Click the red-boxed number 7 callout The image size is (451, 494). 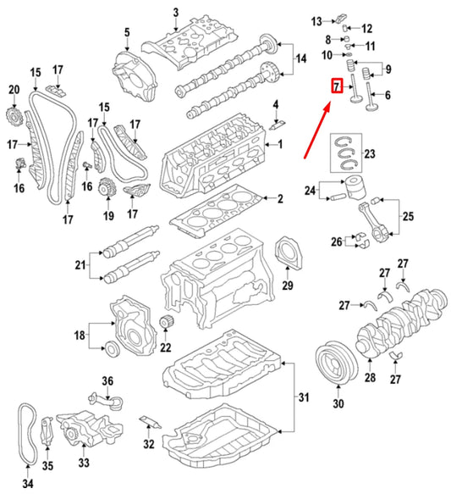pyautogui.click(x=337, y=86)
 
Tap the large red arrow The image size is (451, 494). pyautogui.click(x=317, y=130)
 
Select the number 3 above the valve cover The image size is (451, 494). pyautogui.click(x=176, y=13)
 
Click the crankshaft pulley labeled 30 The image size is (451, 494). pyautogui.click(x=337, y=363)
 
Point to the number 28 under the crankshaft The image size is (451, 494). pyautogui.click(x=370, y=377)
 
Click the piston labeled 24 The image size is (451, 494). pyautogui.click(x=356, y=187)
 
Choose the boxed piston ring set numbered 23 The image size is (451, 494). pyautogui.click(x=346, y=153)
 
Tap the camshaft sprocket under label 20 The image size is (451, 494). pyautogui.click(x=14, y=116)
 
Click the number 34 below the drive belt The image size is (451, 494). pyautogui.click(x=28, y=484)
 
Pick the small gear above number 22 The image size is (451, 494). pyautogui.click(x=166, y=322)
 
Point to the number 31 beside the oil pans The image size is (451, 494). pyautogui.click(x=304, y=397)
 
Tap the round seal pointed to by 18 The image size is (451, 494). pyautogui.click(x=112, y=348)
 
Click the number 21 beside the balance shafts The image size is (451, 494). pyautogui.click(x=80, y=265)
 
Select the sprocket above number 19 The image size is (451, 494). pyautogui.click(x=107, y=187)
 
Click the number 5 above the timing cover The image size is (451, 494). pyautogui.click(x=127, y=32)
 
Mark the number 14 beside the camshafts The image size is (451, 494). pyautogui.click(x=301, y=58)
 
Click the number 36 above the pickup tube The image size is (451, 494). pyautogui.click(x=107, y=381)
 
